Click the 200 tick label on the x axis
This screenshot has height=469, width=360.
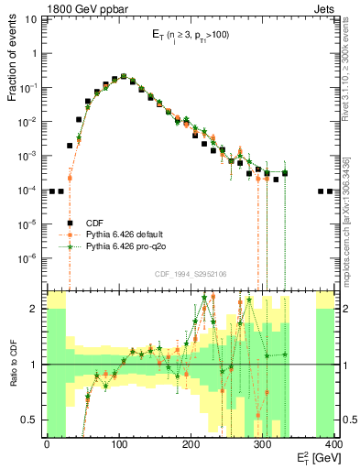pyautogui.click(x=191, y=445)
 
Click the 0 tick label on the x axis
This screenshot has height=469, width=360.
pyautogui.click(x=47, y=445)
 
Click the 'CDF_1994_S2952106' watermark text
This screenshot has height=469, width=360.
pyautogui.click(x=191, y=274)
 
